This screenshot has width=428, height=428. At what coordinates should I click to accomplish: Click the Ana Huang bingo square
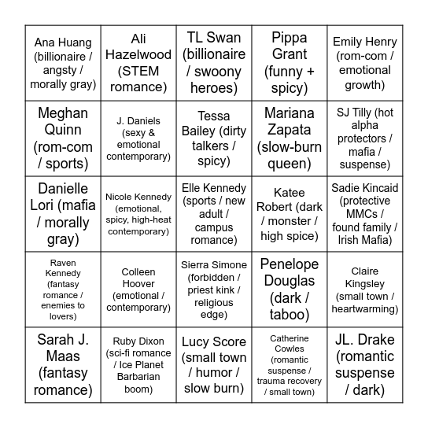pos(63,63)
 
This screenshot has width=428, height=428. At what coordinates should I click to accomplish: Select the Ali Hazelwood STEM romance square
pos(138,63)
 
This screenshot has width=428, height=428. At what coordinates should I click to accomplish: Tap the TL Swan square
pos(214,63)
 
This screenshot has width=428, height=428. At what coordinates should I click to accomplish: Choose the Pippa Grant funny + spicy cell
pos(290,63)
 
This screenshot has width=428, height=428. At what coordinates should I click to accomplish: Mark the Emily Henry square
pos(365,63)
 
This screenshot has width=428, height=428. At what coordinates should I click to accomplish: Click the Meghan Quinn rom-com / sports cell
pos(63,138)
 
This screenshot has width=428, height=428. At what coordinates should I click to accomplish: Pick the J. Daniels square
pos(138,138)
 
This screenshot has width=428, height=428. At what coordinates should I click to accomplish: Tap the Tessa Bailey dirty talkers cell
pos(214,138)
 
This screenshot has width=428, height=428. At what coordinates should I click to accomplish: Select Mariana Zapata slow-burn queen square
pos(290,138)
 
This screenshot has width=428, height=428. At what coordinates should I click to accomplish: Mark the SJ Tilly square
pos(365,138)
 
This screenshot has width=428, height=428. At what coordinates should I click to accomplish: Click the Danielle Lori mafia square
pos(63,214)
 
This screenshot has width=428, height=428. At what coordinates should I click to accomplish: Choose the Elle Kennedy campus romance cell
pos(214,214)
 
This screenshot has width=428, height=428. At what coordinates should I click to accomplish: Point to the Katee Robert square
pos(290,214)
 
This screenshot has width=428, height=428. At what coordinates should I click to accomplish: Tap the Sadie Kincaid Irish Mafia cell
pos(365,214)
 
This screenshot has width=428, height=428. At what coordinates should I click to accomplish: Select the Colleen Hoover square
pos(138,290)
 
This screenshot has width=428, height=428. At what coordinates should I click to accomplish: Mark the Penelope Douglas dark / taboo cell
pos(290,290)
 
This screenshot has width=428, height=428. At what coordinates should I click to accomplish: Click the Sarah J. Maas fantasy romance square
pos(63,365)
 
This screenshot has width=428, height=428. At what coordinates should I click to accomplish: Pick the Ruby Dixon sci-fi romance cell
pos(138,365)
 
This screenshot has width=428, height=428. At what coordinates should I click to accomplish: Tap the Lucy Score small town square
pos(214,365)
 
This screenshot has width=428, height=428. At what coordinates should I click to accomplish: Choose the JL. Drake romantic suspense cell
pos(365,365)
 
